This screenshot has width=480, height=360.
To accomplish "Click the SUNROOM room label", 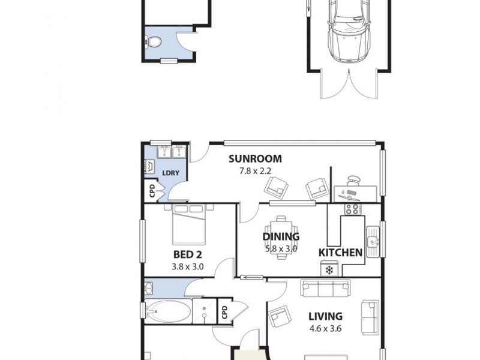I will pos(254,159).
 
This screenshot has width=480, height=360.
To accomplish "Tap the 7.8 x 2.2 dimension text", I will pos(254,170).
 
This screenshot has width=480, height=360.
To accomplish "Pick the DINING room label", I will pos(281,237).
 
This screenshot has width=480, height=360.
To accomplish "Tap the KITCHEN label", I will pos(340,253).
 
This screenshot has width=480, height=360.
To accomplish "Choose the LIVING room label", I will pos(325,316).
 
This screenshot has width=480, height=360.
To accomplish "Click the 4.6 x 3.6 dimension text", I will pos(325,328).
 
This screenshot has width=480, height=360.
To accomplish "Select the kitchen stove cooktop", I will pos(351,209).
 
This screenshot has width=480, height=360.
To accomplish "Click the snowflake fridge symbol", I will pos(329,270).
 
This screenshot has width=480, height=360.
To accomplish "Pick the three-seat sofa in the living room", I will pos(325,289).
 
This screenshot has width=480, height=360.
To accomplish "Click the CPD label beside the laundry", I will pos(152,191).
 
